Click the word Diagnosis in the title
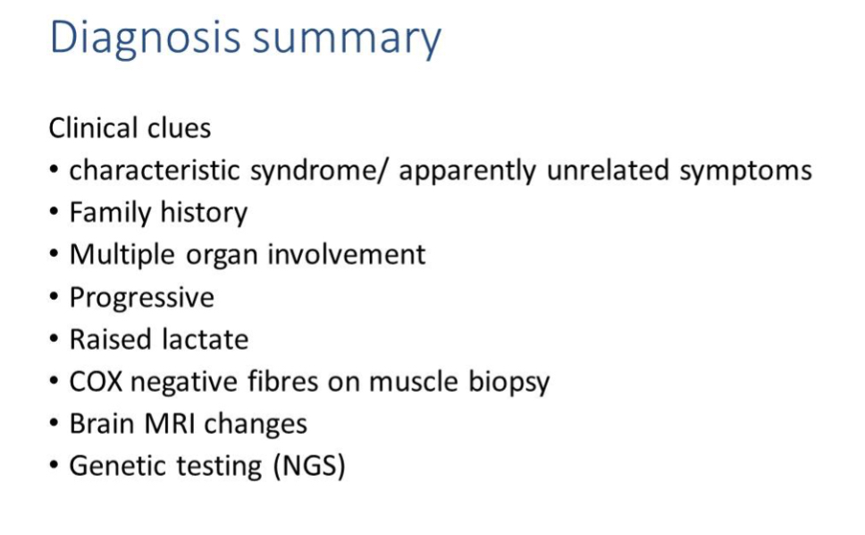click(145, 38)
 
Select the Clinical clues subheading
click(130, 128)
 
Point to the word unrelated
click(608, 170)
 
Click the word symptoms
click(745, 171)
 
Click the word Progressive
click(142, 298)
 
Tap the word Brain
click(102, 424)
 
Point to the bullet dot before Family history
click(55, 214)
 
